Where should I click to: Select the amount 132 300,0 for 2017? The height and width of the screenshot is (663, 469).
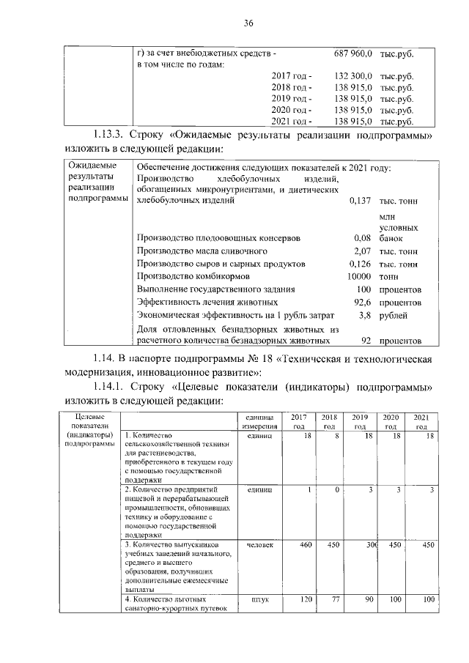(x=354, y=76)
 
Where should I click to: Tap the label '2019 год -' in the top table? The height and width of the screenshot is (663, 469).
(x=291, y=99)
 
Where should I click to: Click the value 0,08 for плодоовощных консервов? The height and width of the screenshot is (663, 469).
(x=363, y=239)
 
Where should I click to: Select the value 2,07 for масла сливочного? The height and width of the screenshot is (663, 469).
(x=363, y=251)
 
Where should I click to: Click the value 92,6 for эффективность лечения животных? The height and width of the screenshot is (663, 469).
(x=363, y=302)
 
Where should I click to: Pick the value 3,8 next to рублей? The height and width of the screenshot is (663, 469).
(x=366, y=315)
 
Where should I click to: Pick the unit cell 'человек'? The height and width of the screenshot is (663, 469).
(x=259, y=545)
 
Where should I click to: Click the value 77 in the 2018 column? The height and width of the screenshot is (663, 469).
(x=334, y=599)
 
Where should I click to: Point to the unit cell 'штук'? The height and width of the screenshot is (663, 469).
(x=259, y=599)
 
